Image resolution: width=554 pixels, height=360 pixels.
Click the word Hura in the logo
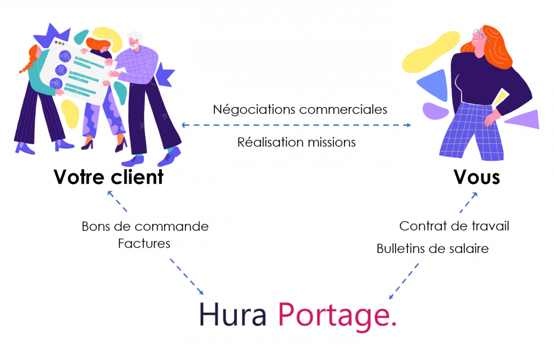coord(233,315)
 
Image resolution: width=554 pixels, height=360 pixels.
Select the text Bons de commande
coord(145,226)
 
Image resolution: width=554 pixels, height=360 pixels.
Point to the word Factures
coord(144,244)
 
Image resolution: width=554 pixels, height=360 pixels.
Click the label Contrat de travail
coord(454,226)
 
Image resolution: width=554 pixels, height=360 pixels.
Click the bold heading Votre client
coord(108,176)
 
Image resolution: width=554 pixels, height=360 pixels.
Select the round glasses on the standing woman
coord(478,35)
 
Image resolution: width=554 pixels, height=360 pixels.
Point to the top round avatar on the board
coord(65,56)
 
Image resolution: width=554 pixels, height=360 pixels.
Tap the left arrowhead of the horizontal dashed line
coord(184,125)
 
